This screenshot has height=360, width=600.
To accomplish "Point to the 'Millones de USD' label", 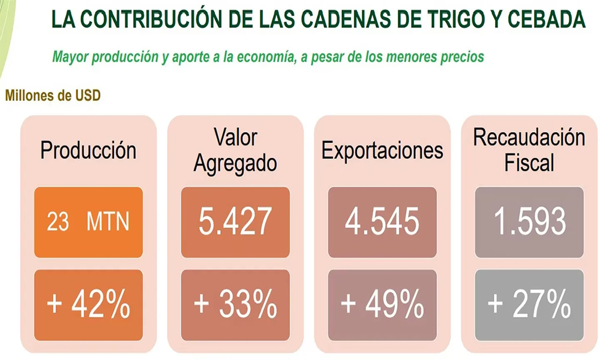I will pos(52,95).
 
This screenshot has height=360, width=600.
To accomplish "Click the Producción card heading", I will pos(88,150).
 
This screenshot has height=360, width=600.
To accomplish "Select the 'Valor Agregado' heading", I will pos(235,150).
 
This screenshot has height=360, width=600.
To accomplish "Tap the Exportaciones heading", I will pos(382,150).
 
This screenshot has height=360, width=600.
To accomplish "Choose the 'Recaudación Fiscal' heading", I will pos(529,149).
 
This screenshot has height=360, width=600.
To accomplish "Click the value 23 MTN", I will pos(88,223).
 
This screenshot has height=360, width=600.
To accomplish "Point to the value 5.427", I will pos(235,223).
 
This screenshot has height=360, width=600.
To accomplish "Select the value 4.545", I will pos(382,223).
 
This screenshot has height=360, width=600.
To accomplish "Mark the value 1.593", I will pos(529,223).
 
